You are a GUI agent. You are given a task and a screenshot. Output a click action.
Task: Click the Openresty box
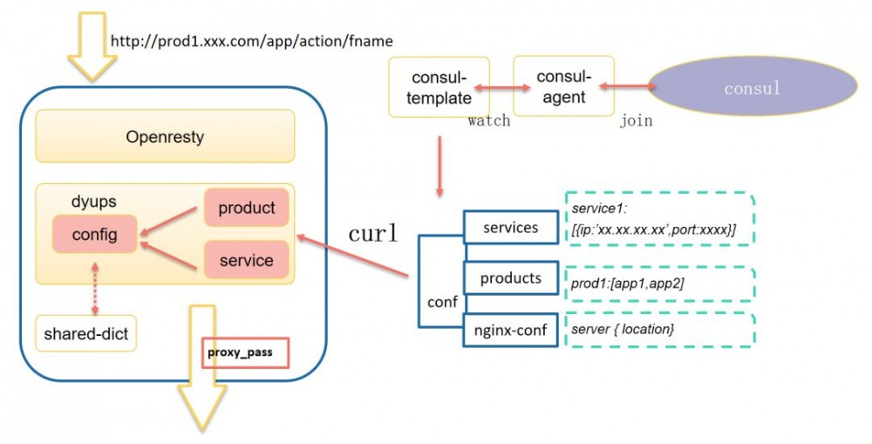click(164, 136)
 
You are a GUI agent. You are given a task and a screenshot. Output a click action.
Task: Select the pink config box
click(94, 234)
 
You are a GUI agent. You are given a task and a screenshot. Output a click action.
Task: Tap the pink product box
click(246, 208)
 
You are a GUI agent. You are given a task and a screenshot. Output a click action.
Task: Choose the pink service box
click(246, 259)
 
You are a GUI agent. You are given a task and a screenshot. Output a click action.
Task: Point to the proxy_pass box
click(244, 353)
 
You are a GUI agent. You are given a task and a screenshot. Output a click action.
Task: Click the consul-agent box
click(563, 85)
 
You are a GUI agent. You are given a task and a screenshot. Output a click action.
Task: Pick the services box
click(510, 228)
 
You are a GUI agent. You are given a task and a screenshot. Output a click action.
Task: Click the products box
click(510, 279)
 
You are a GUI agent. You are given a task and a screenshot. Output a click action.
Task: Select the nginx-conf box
click(510, 330)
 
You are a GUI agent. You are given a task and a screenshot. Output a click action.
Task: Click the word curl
click(374, 234)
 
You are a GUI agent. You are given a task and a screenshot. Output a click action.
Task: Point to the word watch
click(489, 120)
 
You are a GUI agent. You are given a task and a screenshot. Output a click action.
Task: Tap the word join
click(636, 121)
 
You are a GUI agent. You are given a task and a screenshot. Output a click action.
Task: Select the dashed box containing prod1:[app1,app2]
click(660, 281)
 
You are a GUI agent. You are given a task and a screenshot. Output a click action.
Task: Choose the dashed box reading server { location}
click(660, 330)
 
